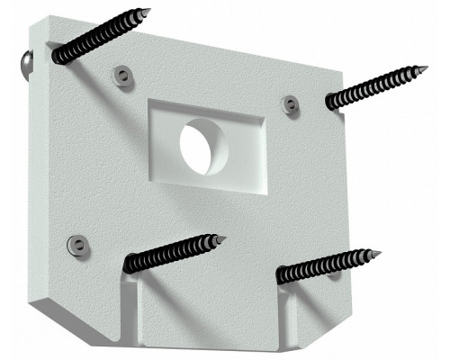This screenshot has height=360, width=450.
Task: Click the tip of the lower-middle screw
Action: (x=222, y=239)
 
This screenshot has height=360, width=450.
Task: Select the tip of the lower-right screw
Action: (x=379, y=254)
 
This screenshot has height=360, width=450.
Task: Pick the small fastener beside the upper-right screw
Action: (x=290, y=105)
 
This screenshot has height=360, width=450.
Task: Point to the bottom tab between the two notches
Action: (x=207, y=310)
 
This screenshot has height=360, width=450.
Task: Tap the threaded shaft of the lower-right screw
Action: (x=328, y=265)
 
